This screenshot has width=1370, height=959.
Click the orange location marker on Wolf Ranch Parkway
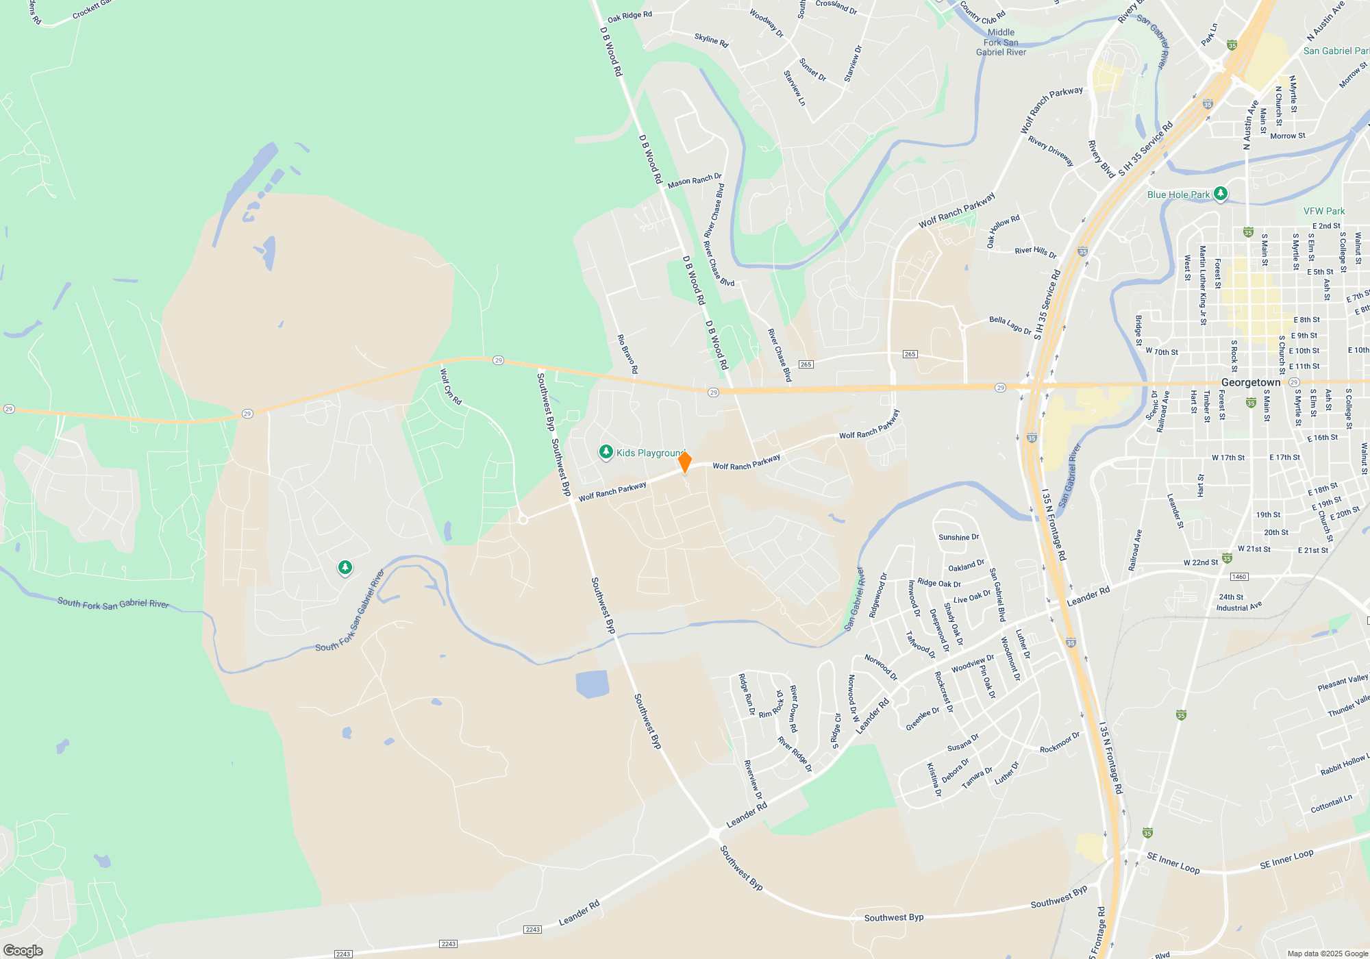pos(684,462)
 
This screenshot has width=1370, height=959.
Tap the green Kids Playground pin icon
pos(606,452)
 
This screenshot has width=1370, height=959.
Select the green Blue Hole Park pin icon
pos(1220,194)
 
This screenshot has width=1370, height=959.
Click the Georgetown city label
pos(1250,382)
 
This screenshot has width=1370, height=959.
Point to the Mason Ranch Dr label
pos(695,181)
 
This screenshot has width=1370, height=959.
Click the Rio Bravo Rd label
pos(627,353)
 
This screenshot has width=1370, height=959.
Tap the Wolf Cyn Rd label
pos(451,386)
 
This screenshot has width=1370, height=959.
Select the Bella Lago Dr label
pos(1010,325)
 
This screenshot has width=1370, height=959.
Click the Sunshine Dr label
pos(958,537)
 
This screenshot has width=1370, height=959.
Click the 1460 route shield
pos(1239,577)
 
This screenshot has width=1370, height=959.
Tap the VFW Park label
pos(1323,211)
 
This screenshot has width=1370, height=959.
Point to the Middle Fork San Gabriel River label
pos(1001,42)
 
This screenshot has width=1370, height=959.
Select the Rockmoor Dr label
pos(1059,743)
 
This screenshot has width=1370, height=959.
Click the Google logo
pos(23,950)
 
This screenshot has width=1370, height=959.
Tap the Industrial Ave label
pos(1238,607)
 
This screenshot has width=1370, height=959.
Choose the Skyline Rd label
pos(711,40)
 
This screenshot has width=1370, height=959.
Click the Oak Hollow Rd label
pos(1003,230)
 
